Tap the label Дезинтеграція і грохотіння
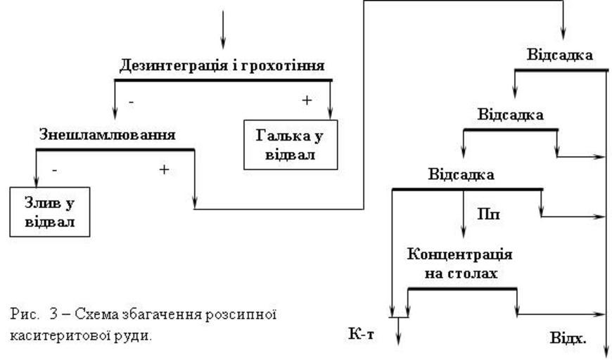tap(222, 66)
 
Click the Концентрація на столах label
tap(459, 263)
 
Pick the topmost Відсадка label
tap(559, 55)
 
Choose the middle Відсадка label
tap(510, 115)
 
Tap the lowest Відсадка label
tap(461, 174)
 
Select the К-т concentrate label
tap(362, 333)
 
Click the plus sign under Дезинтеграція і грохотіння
tap(307, 101)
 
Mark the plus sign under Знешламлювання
tap(165, 169)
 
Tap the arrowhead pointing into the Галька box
tap(330, 114)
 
